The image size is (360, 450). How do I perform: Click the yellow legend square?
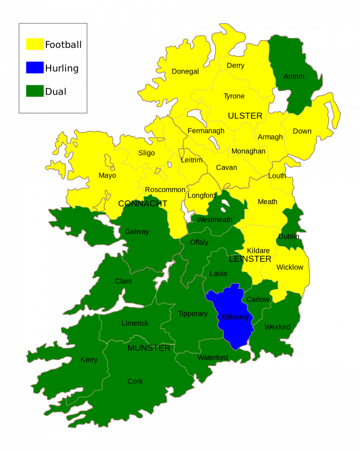tap(35, 44)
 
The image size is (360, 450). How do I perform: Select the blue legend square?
tap(35, 67)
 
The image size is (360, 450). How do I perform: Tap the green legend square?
tap(35, 91)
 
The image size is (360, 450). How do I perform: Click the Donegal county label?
tap(185, 72)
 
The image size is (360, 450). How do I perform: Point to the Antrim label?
tap(294, 76)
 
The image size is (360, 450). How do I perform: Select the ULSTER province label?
tap(245, 116)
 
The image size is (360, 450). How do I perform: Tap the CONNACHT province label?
tap(142, 204)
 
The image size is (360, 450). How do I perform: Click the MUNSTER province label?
tap(149, 348)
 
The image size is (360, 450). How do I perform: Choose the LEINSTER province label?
tap(250, 259)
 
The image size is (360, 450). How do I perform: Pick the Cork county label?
tap(135, 382)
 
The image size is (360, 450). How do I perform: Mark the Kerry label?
tap(89, 360)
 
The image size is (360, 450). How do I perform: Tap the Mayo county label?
tap(107, 176)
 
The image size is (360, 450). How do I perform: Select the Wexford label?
tap(277, 327)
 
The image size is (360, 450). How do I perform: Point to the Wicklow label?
tap(290, 267)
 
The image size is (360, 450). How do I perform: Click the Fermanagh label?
tap(206, 131)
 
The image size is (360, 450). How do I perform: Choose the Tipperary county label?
tap(193, 314)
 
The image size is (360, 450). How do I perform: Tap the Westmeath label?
tap(214, 220)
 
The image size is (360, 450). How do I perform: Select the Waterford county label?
tap(212, 358)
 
